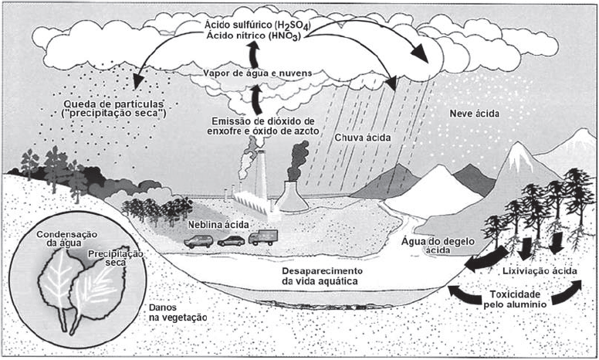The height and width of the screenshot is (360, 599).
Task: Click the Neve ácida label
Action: (475, 114)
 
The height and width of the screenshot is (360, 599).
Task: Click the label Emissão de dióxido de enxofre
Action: (263, 127)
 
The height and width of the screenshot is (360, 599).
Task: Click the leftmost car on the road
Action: (198, 241)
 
